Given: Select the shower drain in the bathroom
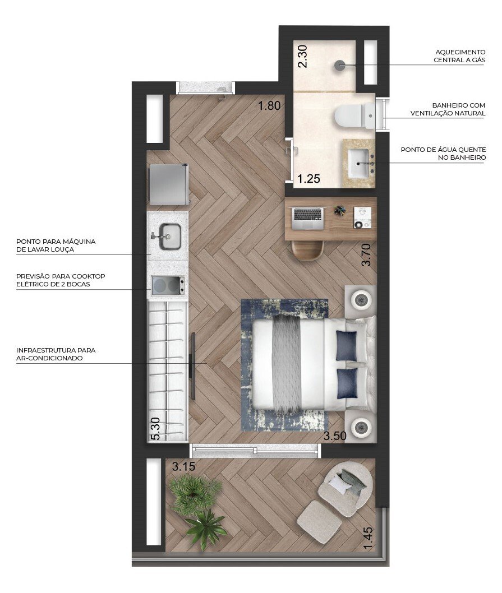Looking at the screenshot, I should click(340, 66).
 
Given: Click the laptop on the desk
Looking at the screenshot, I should click(308, 218).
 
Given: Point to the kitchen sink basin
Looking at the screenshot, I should click(169, 236).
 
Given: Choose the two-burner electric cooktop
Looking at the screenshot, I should click(167, 286).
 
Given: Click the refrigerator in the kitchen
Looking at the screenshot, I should click(168, 184).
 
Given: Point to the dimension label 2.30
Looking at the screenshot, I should click(303, 57).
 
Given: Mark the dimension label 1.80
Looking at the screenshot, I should click(268, 106).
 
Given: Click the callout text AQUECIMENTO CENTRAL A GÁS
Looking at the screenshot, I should click(459, 55).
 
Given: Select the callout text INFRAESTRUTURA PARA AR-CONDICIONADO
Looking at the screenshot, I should click(56, 354).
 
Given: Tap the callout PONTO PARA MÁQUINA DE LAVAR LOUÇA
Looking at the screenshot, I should click(56, 245).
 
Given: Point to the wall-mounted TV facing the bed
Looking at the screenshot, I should click(192, 365).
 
